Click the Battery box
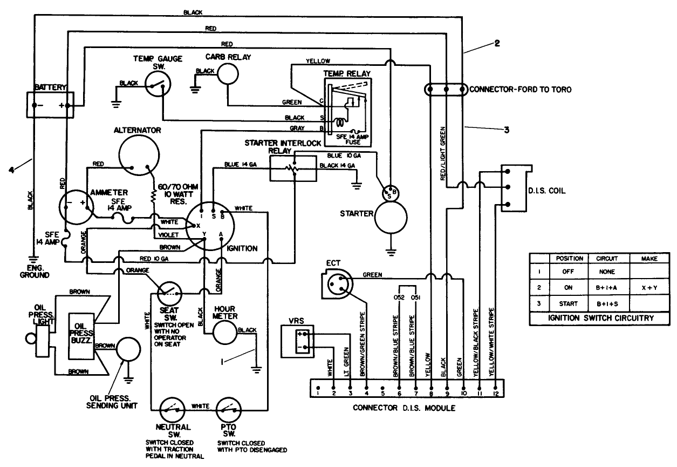point(51,104)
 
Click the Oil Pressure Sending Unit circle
point(129,350)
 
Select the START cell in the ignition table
point(565,304)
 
